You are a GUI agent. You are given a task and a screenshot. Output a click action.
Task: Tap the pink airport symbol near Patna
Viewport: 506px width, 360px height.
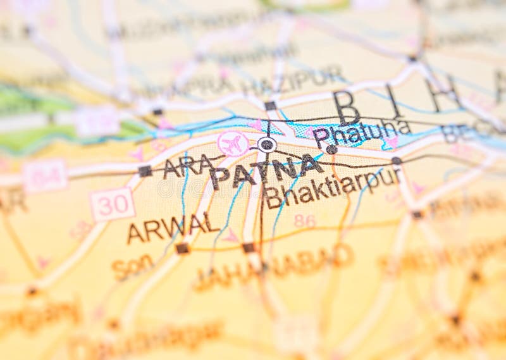click(x=233, y=144)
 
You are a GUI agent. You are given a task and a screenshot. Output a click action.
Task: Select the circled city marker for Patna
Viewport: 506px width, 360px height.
click(x=267, y=145)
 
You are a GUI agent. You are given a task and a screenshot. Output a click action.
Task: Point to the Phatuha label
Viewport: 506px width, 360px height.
click(x=361, y=132)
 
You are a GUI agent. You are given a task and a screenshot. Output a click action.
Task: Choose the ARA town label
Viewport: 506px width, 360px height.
click(x=188, y=166)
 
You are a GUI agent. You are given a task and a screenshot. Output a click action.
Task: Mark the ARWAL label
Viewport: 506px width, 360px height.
click(x=173, y=228)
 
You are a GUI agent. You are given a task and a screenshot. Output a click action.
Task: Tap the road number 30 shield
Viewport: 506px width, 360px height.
click(x=112, y=204)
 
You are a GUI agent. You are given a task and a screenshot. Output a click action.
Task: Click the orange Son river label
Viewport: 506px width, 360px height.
click(x=133, y=267)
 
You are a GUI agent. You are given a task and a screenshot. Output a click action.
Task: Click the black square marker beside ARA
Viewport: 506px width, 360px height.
click(x=145, y=171)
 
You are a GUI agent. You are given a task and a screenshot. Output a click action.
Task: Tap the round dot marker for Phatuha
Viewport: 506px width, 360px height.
click(x=331, y=149)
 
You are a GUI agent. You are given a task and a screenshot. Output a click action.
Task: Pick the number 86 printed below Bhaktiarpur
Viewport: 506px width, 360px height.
click(x=304, y=221)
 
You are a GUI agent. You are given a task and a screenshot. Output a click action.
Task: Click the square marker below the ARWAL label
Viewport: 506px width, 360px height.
click(x=182, y=249)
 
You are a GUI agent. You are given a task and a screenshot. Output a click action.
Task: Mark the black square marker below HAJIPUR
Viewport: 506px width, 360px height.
click(x=270, y=106)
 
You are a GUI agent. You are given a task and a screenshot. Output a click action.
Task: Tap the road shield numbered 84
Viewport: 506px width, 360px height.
click(x=44, y=175)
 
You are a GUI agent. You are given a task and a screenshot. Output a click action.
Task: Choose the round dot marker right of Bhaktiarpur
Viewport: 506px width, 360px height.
click(x=397, y=161)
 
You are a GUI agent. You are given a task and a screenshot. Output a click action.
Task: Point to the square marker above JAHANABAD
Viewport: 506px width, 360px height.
click(x=249, y=248)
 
